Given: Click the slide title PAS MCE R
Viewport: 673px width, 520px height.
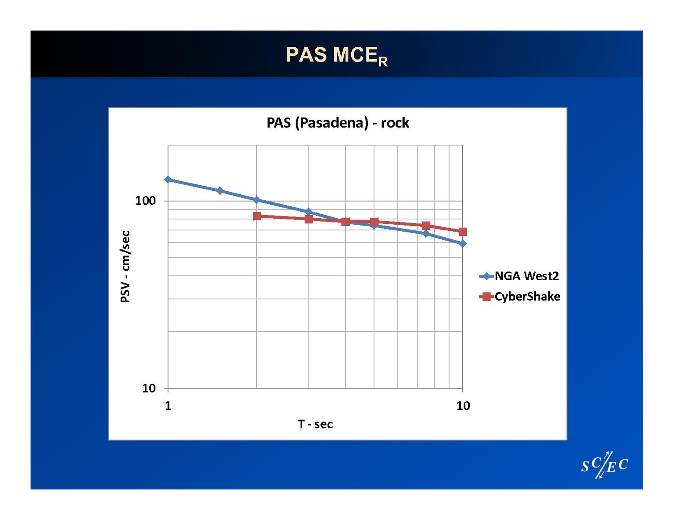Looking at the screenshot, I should pyautogui.click(x=336, y=56).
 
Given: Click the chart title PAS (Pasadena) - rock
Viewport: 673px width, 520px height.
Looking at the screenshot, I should pyautogui.click(x=337, y=123).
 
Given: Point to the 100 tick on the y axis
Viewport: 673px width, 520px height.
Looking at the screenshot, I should pyautogui.click(x=145, y=200).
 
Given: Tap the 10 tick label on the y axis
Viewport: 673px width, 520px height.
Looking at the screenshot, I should pyautogui.click(x=149, y=388).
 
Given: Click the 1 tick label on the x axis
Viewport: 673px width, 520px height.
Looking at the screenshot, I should pyautogui.click(x=168, y=406).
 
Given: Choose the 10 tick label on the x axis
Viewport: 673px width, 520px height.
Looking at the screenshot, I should pyautogui.click(x=463, y=406).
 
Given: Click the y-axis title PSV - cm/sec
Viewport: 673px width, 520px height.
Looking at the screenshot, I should pyautogui.click(x=125, y=267).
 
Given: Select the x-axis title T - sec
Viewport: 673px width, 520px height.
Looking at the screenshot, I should pyautogui.click(x=315, y=424).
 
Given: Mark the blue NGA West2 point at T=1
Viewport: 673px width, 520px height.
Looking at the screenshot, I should pyautogui.click(x=168, y=180).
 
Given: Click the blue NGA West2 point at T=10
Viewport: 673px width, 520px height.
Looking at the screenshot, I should pyautogui.click(x=463, y=244).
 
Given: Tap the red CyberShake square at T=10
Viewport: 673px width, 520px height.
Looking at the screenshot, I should pyautogui.click(x=463, y=232).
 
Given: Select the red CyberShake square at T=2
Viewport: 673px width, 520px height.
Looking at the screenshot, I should pyautogui.click(x=257, y=216).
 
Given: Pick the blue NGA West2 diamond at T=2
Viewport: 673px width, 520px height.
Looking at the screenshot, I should pyautogui.click(x=257, y=200).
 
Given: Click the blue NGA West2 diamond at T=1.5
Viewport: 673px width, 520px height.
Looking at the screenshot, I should pyautogui.click(x=220, y=190).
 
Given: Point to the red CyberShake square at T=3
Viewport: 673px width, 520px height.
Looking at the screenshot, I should pyautogui.click(x=309, y=219).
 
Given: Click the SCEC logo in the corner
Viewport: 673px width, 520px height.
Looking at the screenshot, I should pyautogui.click(x=604, y=465).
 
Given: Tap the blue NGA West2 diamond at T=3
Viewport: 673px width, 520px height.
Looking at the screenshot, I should pyautogui.click(x=309, y=212).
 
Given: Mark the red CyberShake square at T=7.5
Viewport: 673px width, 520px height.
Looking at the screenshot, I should pyautogui.click(x=426, y=226).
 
